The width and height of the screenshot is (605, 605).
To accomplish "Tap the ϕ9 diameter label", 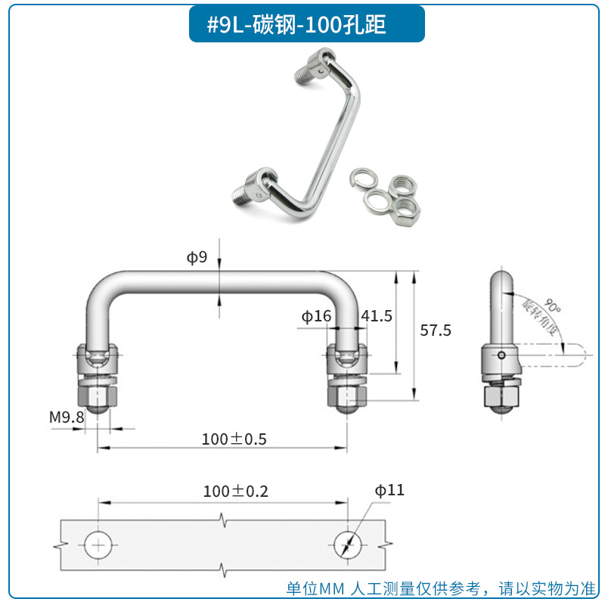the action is (197, 258).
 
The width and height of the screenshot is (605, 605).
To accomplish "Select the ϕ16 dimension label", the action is (316, 316).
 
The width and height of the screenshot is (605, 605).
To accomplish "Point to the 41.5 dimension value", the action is (377, 316).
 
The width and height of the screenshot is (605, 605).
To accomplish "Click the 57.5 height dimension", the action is (435, 330).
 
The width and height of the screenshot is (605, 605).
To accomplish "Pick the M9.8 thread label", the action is (67, 417).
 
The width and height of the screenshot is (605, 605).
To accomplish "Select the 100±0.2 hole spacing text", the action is (235, 492).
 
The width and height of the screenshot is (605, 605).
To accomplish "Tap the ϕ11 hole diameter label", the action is (389, 491).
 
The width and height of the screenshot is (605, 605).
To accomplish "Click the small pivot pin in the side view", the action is (501, 355).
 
